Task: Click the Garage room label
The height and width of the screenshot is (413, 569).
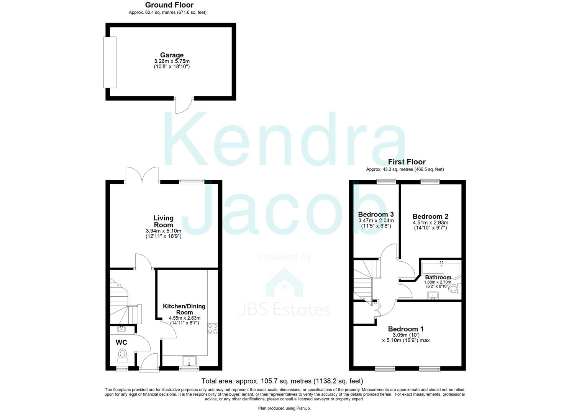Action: [x=172, y=55]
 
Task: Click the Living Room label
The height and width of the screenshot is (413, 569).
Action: [x=164, y=221]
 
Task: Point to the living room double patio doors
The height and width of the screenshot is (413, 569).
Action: [x=142, y=174]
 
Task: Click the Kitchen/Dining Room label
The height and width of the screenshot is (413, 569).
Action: [x=184, y=309]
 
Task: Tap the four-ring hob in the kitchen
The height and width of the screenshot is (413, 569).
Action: [x=212, y=328]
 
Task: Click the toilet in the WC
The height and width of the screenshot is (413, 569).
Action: [x=123, y=354]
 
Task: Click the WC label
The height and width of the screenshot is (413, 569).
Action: [x=121, y=342]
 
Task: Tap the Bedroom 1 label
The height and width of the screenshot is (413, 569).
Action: [x=406, y=329]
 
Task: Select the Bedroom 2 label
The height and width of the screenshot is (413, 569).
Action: [x=430, y=216]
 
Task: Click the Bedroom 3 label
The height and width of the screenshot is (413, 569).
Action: [x=376, y=215]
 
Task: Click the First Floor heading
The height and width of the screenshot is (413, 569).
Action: [x=407, y=162]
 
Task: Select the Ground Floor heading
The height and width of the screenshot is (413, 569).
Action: [x=169, y=5]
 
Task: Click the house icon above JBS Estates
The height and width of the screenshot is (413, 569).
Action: [x=284, y=283]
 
